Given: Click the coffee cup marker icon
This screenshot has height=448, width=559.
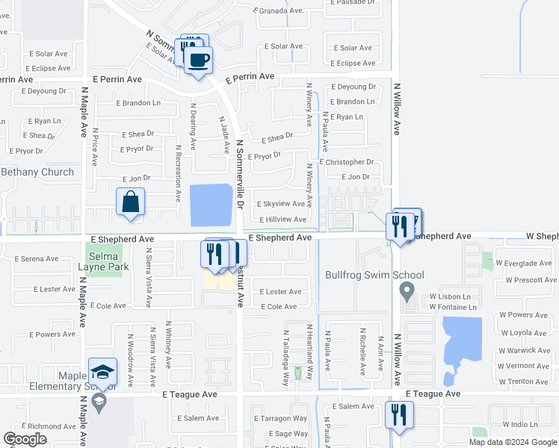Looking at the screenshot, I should [x=198, y=59].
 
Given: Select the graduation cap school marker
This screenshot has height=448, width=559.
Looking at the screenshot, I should [x=102, y=372].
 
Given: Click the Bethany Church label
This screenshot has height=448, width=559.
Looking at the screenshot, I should [x=37, y=172].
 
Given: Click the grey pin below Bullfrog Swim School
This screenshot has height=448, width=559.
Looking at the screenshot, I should [x=407, y=290].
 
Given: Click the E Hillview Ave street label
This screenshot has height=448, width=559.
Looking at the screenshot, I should [x=282, y=220].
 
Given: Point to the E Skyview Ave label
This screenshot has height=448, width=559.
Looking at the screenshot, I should [x=280, y=204].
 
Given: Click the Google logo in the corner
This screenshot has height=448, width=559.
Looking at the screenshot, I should [x=25, y=439].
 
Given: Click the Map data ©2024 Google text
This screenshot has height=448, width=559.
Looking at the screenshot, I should [x=512, y=442].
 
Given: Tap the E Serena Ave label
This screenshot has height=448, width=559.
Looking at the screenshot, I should [x=36, y=259].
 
